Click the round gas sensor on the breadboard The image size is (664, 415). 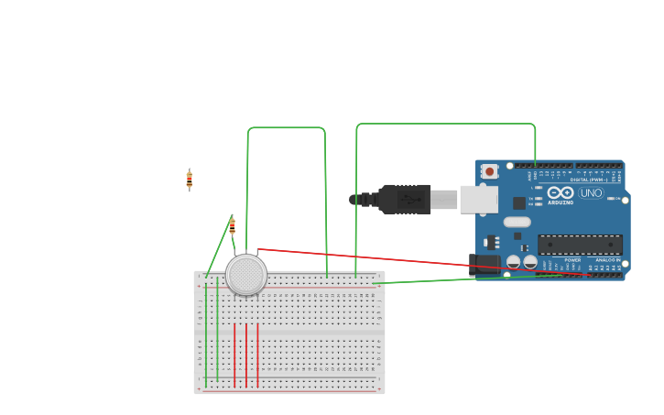tap(245, 275)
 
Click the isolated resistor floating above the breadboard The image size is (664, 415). tap(190, 180)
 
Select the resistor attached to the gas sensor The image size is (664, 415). tap(232, 226)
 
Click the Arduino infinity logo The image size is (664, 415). tap(561, 192)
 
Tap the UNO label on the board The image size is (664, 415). tap(591, 193)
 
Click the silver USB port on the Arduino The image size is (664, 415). tap(478, 199)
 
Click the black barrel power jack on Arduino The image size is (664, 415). tap(484, 265)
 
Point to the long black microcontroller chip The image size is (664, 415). tap(580, 245)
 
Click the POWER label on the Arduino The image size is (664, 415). tap(572, 260)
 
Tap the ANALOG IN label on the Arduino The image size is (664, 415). tap(607, 260)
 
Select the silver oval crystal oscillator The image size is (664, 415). tap(517, 222)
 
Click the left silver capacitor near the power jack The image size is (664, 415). tap(514, 262)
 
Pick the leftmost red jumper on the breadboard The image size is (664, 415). tap(234, 355)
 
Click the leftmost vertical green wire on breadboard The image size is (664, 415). tap(206, 334)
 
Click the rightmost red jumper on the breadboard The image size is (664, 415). tap(257, 355)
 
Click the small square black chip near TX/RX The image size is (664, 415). tap(519, 202)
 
